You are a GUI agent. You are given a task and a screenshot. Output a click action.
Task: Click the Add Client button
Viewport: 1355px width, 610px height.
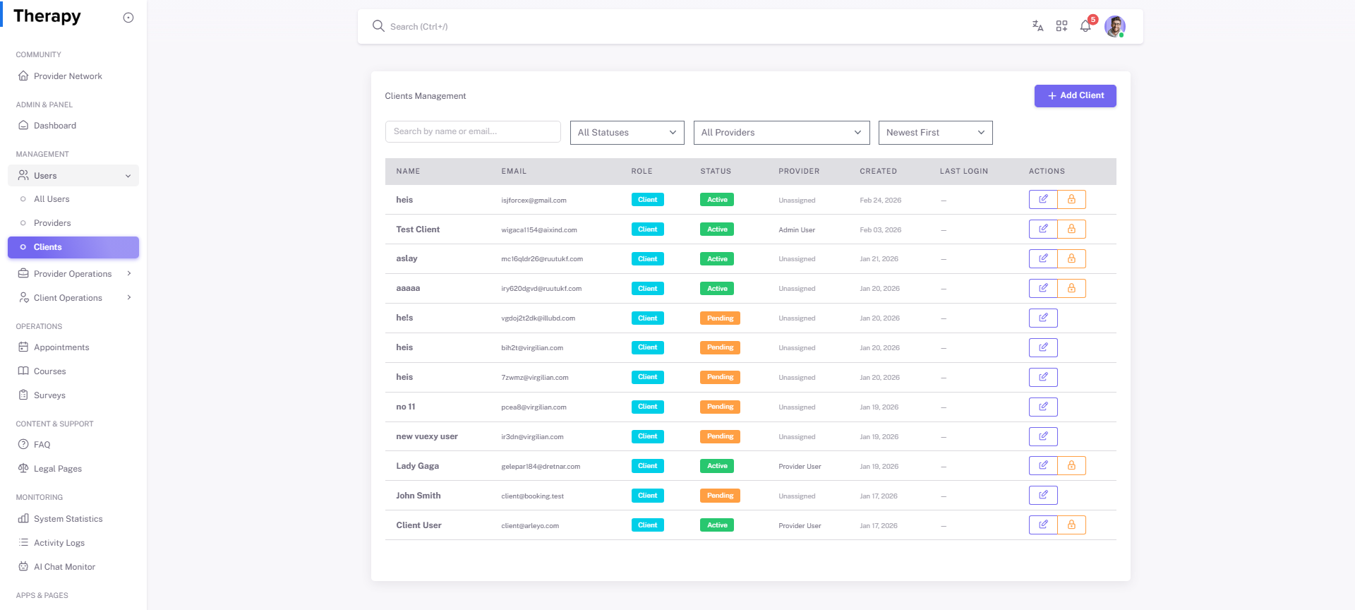tap(1075, 96)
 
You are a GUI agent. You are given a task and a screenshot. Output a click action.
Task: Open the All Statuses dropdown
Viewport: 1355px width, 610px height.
tap(627, 133)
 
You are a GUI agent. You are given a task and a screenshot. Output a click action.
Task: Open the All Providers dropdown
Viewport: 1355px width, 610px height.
tap(781, 133)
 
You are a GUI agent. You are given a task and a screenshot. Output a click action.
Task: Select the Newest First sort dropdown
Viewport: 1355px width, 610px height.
tap(934, 133)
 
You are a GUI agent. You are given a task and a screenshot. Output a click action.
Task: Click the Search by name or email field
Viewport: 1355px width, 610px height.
tap(472, 132)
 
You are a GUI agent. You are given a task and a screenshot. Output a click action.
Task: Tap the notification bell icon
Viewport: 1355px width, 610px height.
tap(1085, 27)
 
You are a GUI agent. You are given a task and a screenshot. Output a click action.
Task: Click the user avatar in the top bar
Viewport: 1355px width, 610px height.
tap(1114, 27)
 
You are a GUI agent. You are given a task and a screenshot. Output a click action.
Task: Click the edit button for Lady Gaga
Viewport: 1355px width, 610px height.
tap(1042, 466)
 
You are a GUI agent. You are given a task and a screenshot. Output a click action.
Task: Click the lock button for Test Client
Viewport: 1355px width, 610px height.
tap(1071, 229)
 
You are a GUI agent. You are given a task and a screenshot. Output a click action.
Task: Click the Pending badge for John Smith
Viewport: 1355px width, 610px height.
tap(720, 496)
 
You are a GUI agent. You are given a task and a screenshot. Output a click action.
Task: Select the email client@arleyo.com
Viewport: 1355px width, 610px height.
tap(529, 526)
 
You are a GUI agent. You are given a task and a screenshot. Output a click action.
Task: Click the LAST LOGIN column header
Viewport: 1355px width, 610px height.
tap(963, 172)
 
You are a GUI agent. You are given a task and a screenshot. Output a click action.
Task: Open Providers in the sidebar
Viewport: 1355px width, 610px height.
tap(52, 223)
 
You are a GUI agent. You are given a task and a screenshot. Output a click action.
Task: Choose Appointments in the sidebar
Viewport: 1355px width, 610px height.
tap(61, 347)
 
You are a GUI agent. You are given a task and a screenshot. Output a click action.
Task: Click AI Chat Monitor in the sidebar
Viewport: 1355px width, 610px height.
tap(64, 567)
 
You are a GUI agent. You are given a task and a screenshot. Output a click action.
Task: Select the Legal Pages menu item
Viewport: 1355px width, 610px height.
tap(58, 469)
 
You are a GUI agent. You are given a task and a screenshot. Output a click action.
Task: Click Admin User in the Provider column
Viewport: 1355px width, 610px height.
tap(797, 230)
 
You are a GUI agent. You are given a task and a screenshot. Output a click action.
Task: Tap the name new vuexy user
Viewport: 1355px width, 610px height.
tap(426, 436)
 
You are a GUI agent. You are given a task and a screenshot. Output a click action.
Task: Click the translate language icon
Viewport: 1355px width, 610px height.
tap(1037, 26)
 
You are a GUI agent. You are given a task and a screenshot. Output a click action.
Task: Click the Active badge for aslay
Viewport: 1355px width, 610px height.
tap(716, 259)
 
